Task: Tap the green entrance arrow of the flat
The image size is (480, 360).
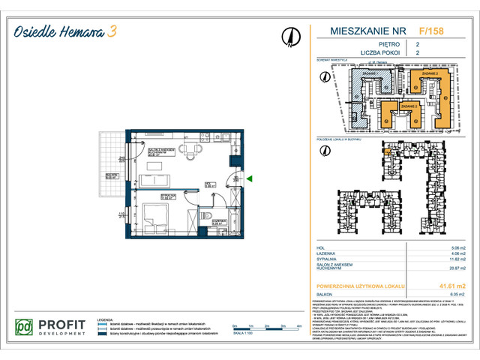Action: click(x=250, y=178)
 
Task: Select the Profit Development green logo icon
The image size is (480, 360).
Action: click(x=25, y=328)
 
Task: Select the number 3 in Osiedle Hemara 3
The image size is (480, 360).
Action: click(x=112, y=31)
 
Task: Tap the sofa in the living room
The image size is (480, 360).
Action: click(x=156, y=180)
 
